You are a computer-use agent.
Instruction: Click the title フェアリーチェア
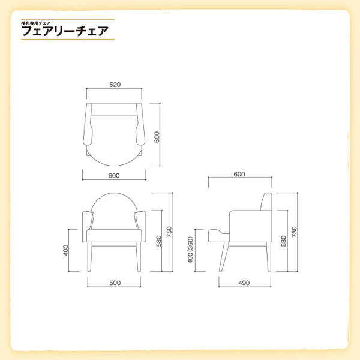[65, 31]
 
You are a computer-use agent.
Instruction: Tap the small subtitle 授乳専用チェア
[35, 23]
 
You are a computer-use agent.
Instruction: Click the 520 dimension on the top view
[115, 85]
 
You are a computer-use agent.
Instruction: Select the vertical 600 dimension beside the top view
[157, 137]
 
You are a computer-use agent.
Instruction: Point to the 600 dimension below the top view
[114, 176]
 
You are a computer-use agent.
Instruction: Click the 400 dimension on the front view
[65, 250]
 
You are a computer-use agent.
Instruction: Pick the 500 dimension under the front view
[115, 283]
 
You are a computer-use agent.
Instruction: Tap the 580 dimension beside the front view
[158, 241]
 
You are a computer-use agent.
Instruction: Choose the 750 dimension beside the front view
[169, 232]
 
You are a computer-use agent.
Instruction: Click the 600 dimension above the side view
[239, 174]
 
